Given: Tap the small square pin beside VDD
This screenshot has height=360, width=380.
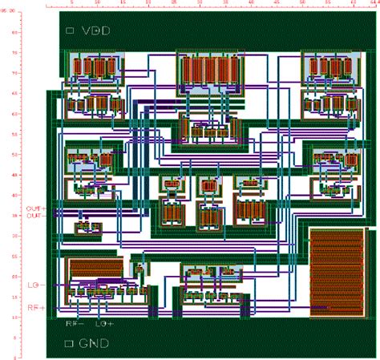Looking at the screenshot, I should click(x=70, y=31).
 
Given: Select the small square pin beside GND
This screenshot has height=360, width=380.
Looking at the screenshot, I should click(x=70, y=343).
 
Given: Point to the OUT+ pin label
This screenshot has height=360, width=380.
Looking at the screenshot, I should click(x=36, y=208).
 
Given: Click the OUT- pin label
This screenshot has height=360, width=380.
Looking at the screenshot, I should click(x=36, y=216).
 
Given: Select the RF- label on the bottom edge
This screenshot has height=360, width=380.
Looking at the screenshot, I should click(x=76, y=325).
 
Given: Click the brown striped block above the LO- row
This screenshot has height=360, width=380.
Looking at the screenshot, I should click(x=96, y=269).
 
